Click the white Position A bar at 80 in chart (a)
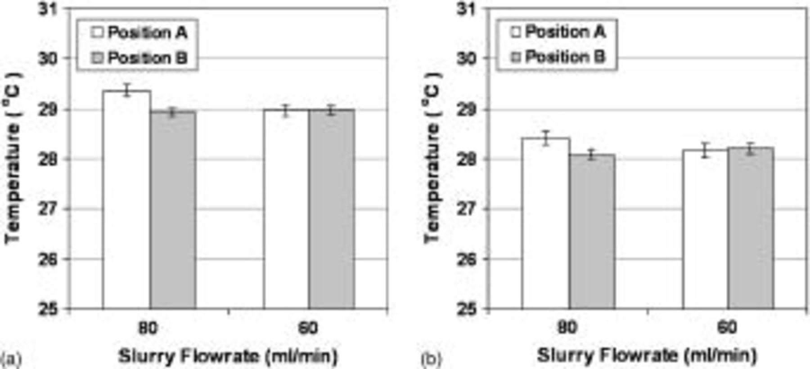coord(126,200)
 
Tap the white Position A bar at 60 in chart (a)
coord(286,209)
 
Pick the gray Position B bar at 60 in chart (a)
coord(332,209)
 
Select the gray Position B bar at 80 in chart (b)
coord(592,231)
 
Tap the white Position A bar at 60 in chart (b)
coord(705,229)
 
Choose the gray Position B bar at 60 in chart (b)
coord(751,228)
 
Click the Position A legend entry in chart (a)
coord(139,33)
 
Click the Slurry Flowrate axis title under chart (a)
coord(228,356)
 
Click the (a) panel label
coord(11,360)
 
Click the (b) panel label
coord(431,360)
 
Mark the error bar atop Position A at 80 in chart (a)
coord(127,90)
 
